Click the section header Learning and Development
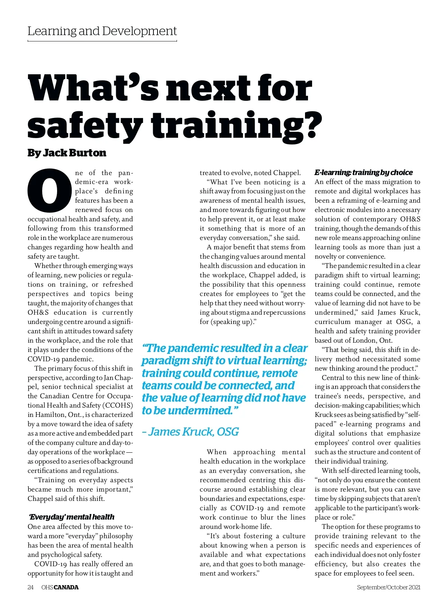102,31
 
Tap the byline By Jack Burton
67,153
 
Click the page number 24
31,587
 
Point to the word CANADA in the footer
66,587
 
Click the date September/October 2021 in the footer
388,587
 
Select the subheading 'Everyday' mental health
72,517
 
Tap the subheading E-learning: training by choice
363,172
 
